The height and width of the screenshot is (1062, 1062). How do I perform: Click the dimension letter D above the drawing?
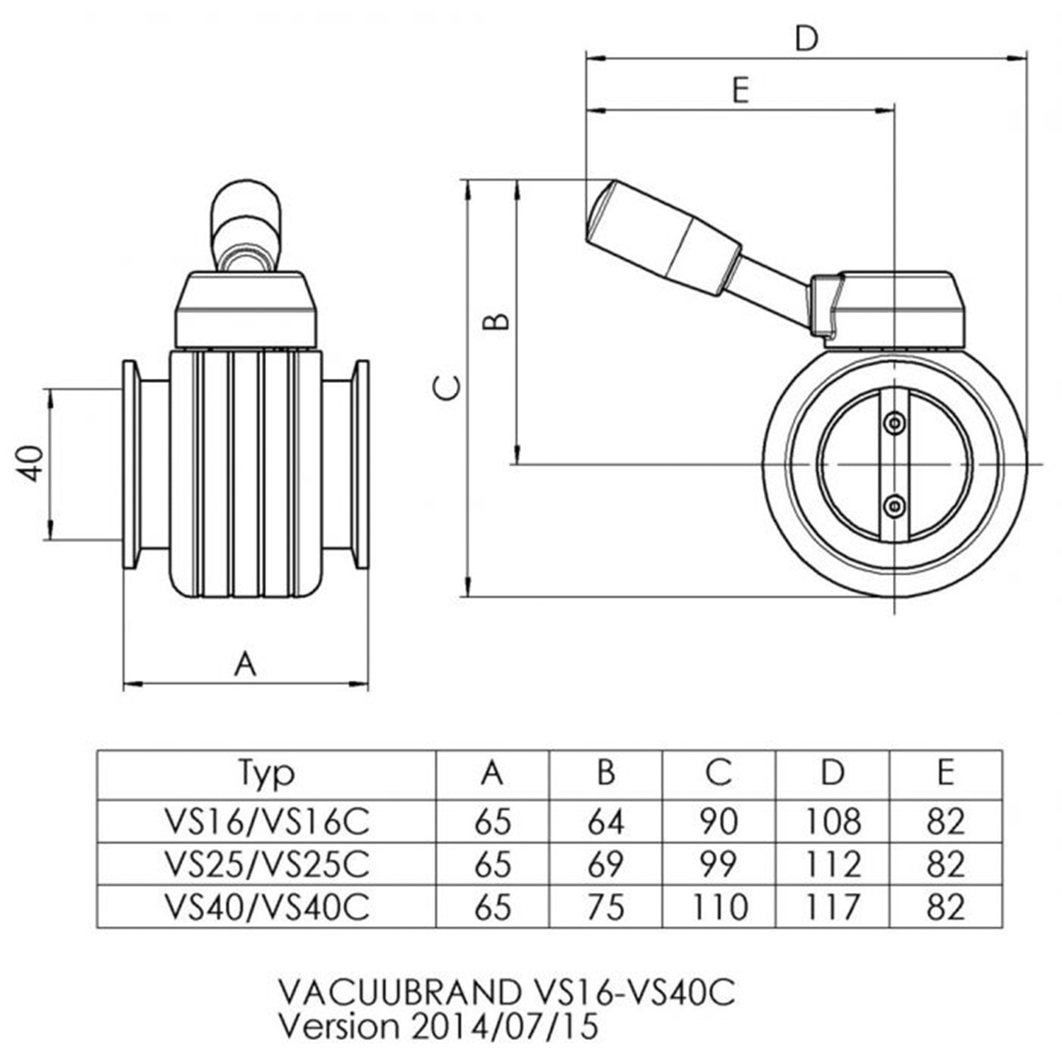tap(806, 38)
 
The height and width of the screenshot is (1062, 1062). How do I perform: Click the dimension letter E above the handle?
tap(741, 91)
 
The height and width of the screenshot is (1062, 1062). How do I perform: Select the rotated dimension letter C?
tap(447, 387)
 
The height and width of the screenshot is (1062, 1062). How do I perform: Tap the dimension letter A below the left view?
tap(245, 664)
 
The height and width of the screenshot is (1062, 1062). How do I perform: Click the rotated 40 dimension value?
tap(33, 464)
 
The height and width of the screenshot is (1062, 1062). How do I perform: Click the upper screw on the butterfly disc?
tap(895, 423)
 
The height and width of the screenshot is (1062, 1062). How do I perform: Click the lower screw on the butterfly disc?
tap(895, 506)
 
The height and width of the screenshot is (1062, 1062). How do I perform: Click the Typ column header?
tap(266, 774)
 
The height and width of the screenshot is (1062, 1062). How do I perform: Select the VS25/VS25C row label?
tap(267, 864)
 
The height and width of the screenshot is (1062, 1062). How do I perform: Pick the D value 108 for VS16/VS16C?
tap(833, 821)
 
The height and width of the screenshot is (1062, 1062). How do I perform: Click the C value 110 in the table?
tap(719, 907)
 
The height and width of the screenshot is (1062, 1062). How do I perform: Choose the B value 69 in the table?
tap(605, 864)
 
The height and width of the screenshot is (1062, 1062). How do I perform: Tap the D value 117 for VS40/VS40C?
tap(833, 907)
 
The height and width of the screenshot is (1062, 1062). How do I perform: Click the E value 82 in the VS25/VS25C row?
tap(945, 864)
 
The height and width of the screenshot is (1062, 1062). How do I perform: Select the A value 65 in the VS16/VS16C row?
tap(493, 821)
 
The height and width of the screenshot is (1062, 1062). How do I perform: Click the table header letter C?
tap(719, 772)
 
